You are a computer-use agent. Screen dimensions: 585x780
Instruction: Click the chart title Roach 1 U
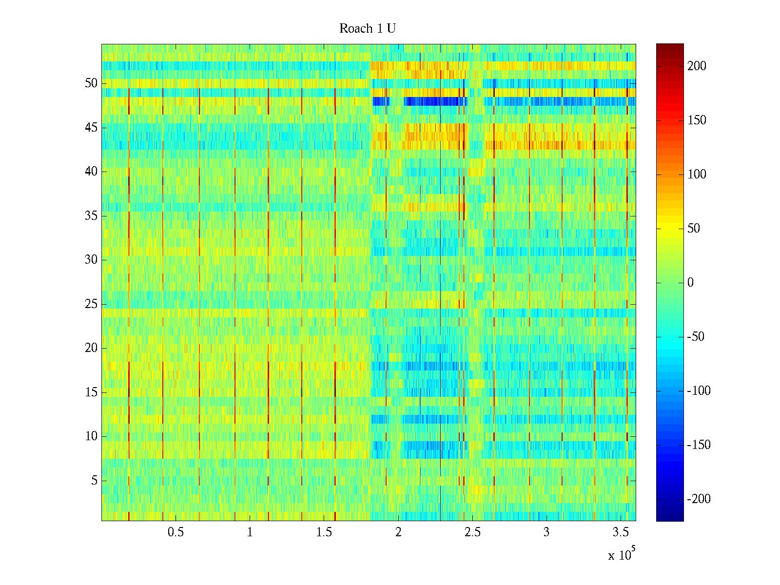click(x=368, y=29)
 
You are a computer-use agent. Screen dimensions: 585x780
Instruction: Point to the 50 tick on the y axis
click(x=91, y=83)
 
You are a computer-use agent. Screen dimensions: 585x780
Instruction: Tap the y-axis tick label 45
click(x=91, y=128)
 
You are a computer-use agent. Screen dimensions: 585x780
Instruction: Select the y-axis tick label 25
click(x=91, y=304)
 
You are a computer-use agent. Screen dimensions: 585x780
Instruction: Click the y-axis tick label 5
click(x=94, y=481)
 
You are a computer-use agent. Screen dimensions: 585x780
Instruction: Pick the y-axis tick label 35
click(x=91, y=216)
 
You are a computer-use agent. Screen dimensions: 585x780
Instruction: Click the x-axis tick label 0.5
click(x=175, y=532)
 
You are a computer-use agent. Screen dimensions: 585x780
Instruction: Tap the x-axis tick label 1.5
click(x=324, y=532)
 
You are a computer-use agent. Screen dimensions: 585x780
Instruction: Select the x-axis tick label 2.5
click(x=472, y=532)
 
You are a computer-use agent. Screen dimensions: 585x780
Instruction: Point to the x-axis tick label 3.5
click(x=621, y=532)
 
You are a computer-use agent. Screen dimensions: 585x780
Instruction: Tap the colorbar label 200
click(x=697, y=66)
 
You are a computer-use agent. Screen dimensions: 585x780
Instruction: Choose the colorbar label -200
click(x=699, y=499)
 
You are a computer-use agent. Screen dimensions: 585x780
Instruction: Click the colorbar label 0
click(x=690, y=283)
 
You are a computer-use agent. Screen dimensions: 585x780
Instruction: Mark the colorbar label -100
click(x=699, y=391)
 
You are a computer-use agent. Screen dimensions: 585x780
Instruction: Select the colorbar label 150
click(x=697, y=120)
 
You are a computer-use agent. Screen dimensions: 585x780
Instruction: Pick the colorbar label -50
click(x=696, y=337)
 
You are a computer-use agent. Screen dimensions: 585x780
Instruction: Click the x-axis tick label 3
click(x=546, y=532)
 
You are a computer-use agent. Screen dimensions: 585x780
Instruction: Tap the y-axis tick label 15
click(x=91, y=392)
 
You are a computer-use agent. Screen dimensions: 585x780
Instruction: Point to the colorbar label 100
click(x=697, y=175)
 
